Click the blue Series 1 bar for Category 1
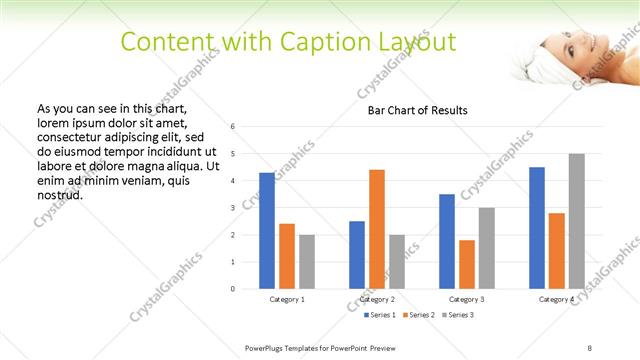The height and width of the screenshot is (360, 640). coord(267,231)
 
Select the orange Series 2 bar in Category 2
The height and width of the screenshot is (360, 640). coord(377,229)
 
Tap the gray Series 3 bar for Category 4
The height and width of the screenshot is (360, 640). coord(576,221)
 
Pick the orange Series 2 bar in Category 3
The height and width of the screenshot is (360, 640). coord(467,264)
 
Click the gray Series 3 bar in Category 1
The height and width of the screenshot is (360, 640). coord(306,261)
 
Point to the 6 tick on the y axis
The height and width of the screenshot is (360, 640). coord(232,127)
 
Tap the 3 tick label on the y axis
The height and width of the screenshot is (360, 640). coord(232,208)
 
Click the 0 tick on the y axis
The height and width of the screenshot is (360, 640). coord(232,289)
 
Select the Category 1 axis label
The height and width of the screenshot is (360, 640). coord(287,299)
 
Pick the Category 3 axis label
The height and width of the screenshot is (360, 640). coord(466,299)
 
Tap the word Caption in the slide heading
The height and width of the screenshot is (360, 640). coord(283,42)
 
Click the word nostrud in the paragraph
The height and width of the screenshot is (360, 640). coord(59,194)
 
